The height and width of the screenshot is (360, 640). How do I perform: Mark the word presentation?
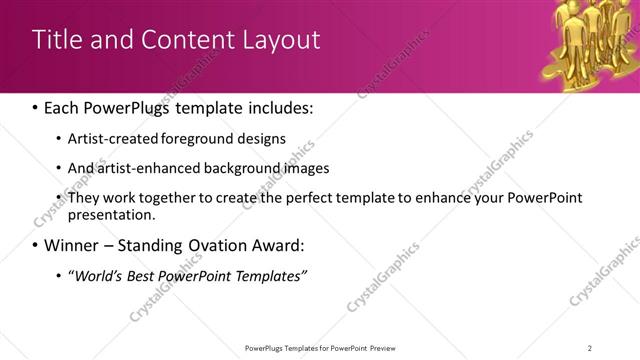tap(110, 214)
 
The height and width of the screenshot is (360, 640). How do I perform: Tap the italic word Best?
tap(142, 276)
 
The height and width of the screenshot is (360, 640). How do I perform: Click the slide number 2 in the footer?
tap(590, 348)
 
